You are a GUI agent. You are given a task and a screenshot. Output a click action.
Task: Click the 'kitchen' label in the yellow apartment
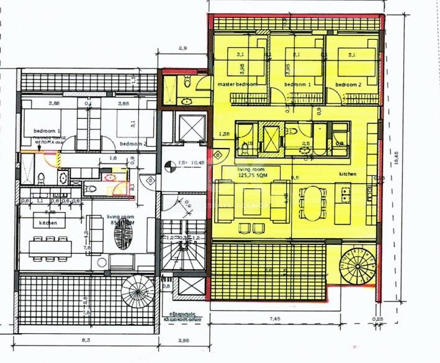(x=348, y=175)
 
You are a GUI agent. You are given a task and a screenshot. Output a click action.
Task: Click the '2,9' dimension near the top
(x=182, y=48)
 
